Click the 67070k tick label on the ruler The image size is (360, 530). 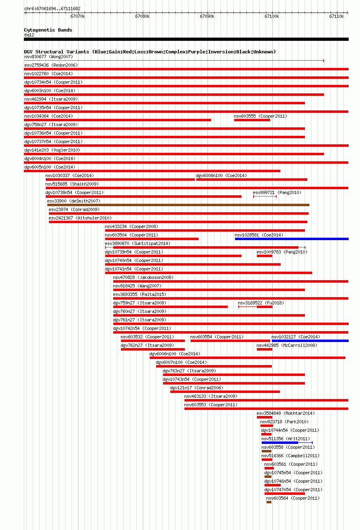pos(78,16)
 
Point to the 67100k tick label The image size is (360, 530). pos(272,16)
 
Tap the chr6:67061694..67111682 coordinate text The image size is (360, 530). pos(52,9)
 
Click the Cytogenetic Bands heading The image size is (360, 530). pos(48,30)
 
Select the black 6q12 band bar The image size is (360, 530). pos(186,39)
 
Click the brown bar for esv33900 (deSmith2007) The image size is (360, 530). pos(178,205)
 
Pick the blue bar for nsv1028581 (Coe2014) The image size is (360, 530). pos(292,239)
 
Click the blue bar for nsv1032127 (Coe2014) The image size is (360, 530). pos(310,341)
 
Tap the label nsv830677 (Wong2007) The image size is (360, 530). pos(49,57)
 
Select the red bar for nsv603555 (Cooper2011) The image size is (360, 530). pos(252,120)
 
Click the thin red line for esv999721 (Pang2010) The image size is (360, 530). pos(265,196)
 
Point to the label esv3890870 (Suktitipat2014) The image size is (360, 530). pos(138,243)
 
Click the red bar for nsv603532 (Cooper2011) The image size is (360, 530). pos(152,341)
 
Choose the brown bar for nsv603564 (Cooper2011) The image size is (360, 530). pos(269,502)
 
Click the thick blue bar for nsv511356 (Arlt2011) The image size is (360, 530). pos(280,442)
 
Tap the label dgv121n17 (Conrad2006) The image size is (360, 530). pos(197,388)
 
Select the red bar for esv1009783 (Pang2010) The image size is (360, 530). pos(265,256)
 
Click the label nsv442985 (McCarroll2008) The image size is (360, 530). pos(287,345)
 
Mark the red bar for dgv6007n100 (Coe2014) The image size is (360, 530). pos(214,366)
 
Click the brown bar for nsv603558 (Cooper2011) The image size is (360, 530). pos(267,451)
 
